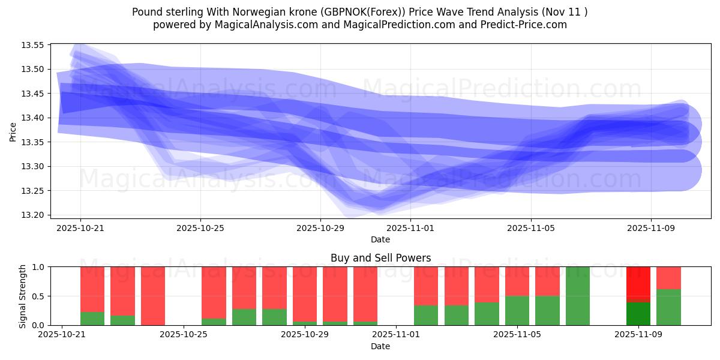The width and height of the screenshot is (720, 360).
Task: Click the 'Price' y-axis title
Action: click(x=13, y=131)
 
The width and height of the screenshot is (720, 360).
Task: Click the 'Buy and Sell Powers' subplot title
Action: click(x=380, y=258)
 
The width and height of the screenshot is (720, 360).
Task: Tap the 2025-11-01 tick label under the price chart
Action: click(x=410, y=228)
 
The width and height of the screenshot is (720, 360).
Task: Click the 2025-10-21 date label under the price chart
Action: click(x=80, y=228)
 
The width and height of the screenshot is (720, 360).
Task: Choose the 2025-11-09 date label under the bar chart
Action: click(x=638, y=334)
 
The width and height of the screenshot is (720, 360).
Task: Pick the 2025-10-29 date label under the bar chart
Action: click(x=305, y=334)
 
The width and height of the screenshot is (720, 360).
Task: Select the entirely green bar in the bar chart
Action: click(x=578, y=296)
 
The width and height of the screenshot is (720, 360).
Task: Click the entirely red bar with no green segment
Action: click(x=153, y=296)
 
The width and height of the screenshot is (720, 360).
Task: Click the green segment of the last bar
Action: click(x=668, y=307)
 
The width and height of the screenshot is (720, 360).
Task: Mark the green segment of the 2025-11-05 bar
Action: click(x=517, y=310)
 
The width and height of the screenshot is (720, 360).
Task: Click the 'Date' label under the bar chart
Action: click(x=380, y=346)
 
